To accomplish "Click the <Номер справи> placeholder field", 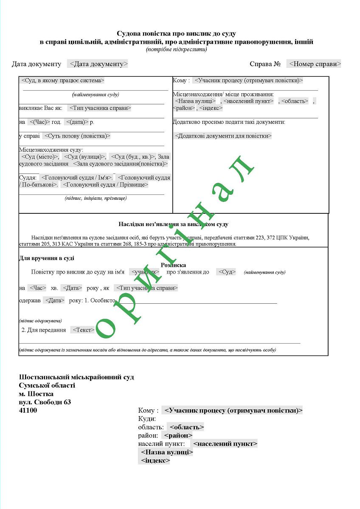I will (314, 64).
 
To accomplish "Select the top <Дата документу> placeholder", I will (97, 64).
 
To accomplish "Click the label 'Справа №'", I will (265, 64).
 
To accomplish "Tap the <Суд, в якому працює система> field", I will (62, 80).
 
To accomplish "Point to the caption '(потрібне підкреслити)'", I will (177, 49).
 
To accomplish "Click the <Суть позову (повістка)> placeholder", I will (77, 136).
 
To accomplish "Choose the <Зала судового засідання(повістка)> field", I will (120, 163).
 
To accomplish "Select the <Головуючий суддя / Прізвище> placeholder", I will (105, 185).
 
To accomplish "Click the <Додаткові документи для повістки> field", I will (223, 136).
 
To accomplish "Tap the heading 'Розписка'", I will (173, 265).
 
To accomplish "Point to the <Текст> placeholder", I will (83, 330).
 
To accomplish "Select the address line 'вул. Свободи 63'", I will (45, 402).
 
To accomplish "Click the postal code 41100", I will (28, 410).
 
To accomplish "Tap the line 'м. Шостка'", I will (37, 394).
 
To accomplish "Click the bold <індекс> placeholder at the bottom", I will (154, 460).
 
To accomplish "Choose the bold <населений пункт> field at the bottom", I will (225, 444).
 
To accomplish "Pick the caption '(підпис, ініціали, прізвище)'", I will (96, 198).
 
